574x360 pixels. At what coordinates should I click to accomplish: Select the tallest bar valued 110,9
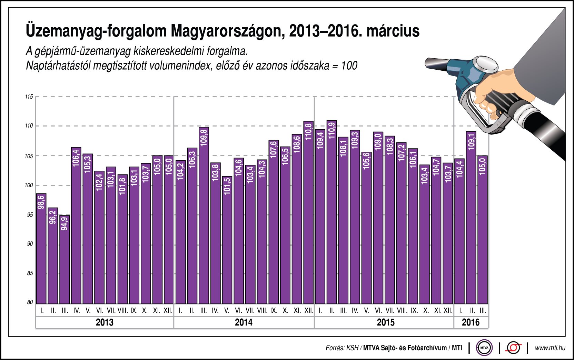click(x=331, y=212)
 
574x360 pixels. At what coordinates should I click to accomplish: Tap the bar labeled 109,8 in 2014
click(x=204, y=216)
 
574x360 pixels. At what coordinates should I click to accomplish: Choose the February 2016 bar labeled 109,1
click(x=471, y=217)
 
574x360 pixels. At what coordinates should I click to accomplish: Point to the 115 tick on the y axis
click(x=29, y=97)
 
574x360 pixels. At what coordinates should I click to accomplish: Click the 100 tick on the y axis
click(x=29, y=185)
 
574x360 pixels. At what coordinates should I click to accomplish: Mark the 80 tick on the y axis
click(x=30, y=302)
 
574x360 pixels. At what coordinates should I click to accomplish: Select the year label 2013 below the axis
click(x=104, y=322)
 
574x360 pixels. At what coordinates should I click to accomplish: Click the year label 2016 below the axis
click(x=471, y=322)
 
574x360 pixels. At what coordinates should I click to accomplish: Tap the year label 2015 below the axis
click(x=385, y=322)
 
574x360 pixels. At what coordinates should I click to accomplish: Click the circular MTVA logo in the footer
click(x=484, y=348)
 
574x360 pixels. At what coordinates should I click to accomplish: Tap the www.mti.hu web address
click(x=550, y=348)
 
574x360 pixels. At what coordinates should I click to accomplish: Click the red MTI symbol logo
click(x=513, y=348)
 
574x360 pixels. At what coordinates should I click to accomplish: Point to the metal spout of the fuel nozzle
click(x=436, y=64)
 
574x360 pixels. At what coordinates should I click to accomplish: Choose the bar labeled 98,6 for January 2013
click(x=41, y=248)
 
